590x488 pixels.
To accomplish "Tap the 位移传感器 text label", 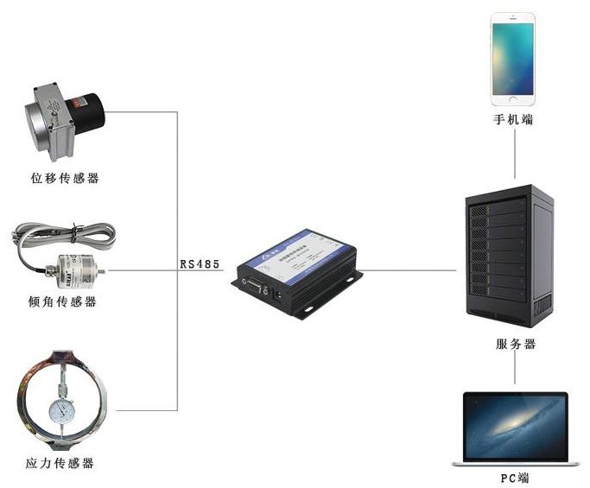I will click(x=65, y=179).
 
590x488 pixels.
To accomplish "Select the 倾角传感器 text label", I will click(x=62, y=301).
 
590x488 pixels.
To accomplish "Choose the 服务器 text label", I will click(x=516, y=344).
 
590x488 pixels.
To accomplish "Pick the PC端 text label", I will click(x=515, y=478).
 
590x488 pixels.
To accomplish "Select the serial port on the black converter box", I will click(x=254, y=286).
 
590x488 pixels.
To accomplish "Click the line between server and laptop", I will click(x=516, y=371).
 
